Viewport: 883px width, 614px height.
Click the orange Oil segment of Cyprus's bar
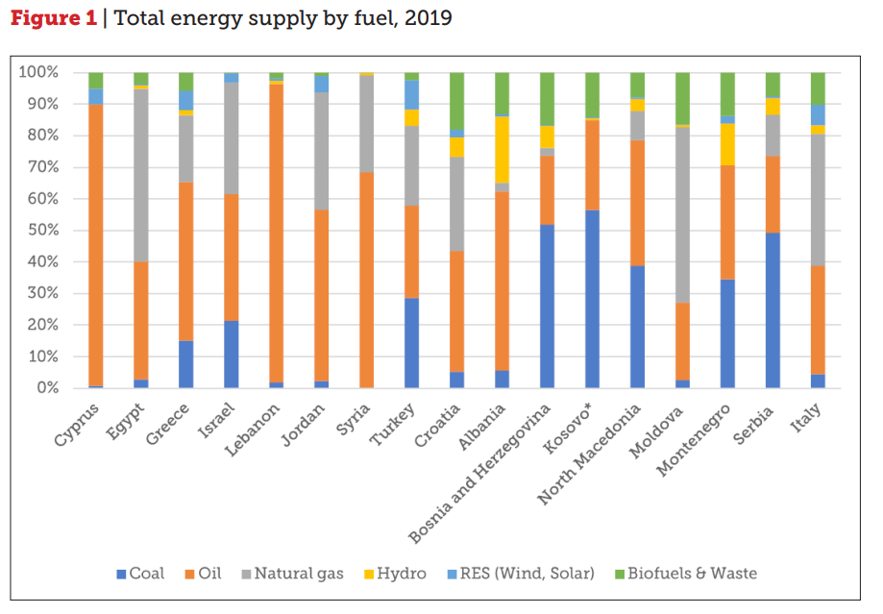pyautogui.click(x=95, y=245)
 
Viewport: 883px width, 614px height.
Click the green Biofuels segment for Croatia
pyautogui.click(x=457, y=101)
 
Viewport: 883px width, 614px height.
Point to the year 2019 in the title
pyautogui.click(x=430, y=18)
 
